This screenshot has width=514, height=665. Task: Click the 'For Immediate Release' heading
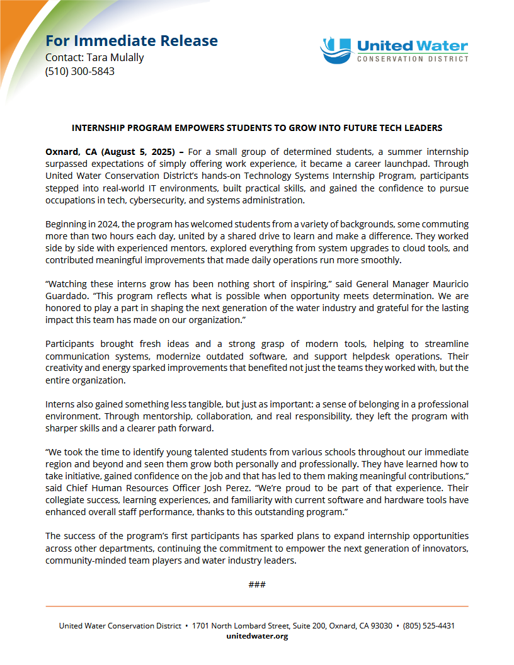132,41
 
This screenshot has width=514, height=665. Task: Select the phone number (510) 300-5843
79,71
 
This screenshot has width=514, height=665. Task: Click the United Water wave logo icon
335,50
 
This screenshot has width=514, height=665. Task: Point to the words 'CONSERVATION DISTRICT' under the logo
413,59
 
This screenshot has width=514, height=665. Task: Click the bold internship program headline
257,128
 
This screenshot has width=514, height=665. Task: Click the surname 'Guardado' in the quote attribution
66,295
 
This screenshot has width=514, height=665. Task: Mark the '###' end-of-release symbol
257,584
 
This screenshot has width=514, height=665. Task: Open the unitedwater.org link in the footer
257,636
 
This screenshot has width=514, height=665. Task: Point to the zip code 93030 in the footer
380,626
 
